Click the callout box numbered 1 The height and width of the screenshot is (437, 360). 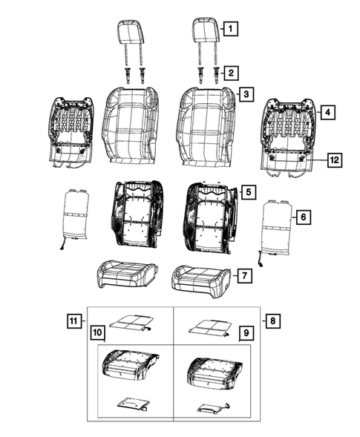pyautogui.click(x=232, y=30)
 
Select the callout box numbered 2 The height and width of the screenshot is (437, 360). pyautogui.click(x=232, y=73)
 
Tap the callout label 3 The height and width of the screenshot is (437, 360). pyautogui.click(x=245, y=96)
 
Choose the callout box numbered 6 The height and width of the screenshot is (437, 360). pyautogui.click(x=303, y=217)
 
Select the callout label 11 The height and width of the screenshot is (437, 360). pyautogui.click(x=73, y=321)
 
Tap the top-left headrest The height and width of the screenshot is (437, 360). pyautogui.click(x=131, y=31)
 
